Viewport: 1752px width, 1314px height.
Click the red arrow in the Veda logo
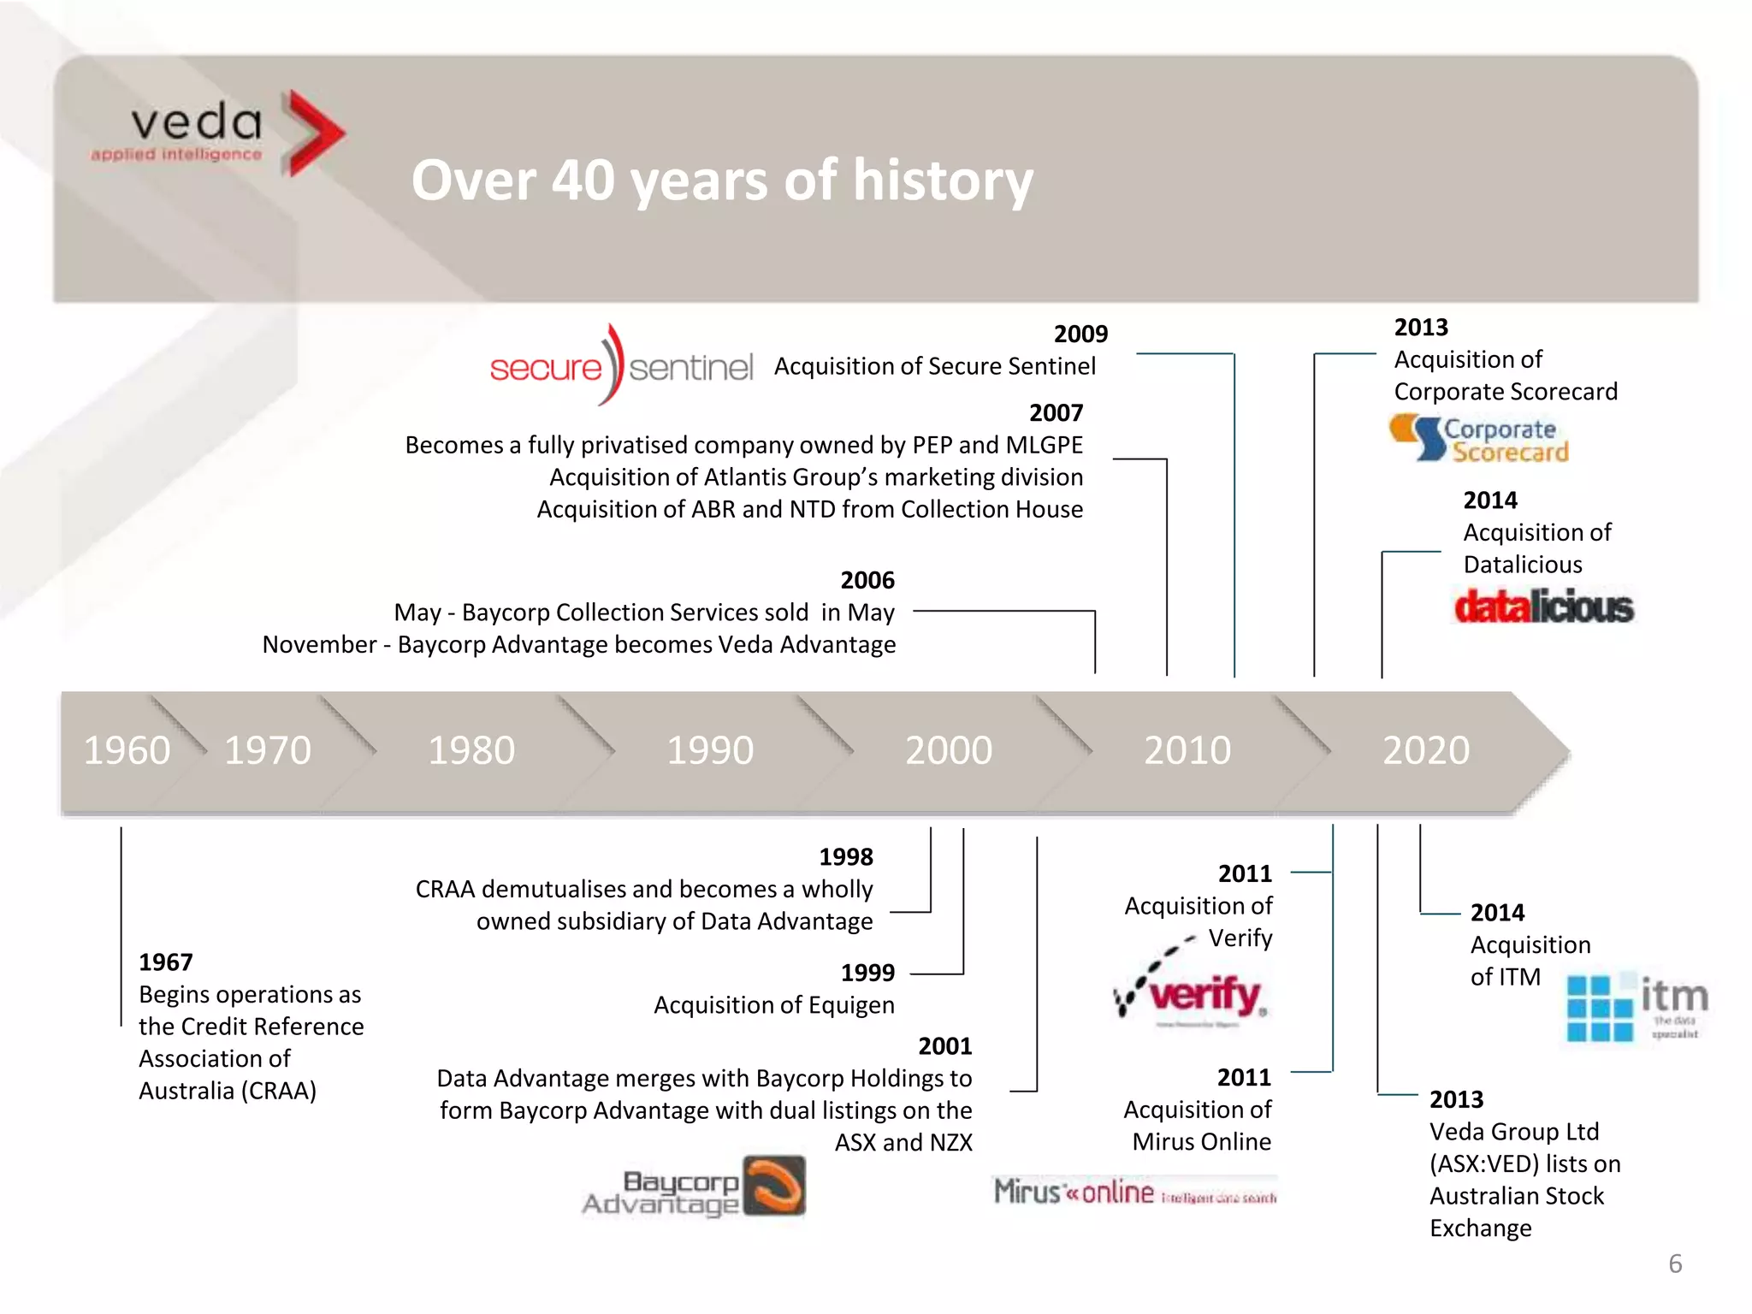tap(313, 133)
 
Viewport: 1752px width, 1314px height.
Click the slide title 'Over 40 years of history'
tap(722, 181)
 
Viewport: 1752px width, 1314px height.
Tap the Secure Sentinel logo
tap(621, 366)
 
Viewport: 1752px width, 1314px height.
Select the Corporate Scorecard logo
tap(1479, 439)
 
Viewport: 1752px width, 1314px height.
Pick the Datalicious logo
tap(1543, 607)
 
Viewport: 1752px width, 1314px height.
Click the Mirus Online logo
tap(1134, 1192)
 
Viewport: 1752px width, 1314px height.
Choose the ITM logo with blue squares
tap(1636, 1007)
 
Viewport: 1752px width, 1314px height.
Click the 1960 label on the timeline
tap(127, 750)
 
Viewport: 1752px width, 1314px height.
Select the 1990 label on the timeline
tap(710, 750)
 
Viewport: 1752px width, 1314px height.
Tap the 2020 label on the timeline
tap(1426, 750)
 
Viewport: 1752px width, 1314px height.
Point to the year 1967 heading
tap(166, 962)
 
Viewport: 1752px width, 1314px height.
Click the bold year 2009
tap(1080, 334)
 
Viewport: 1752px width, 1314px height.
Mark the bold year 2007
tap(1056, 413)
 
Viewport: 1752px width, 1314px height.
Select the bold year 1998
tap(846, 857)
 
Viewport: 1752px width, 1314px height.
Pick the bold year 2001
tap(944, 1046)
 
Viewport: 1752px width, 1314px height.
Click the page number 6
tap(1675, 1264)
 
